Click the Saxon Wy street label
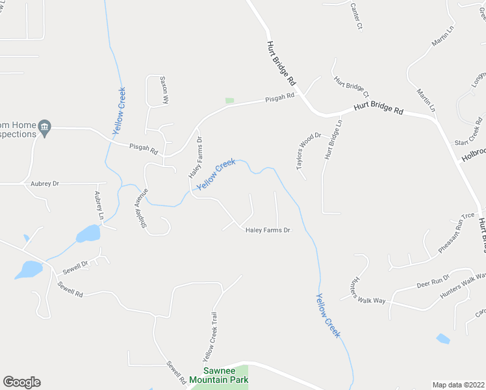click(166, 90)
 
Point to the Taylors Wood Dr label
click(309, 151)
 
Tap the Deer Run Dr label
click(433, 281)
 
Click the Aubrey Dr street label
click(45, 184)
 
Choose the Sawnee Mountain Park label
click(224, 375)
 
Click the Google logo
click(21, 382)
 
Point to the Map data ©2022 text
click(459, 385)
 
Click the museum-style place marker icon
click(44, 125)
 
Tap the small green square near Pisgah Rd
click(229, 101)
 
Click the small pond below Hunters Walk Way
click(443, 339)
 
